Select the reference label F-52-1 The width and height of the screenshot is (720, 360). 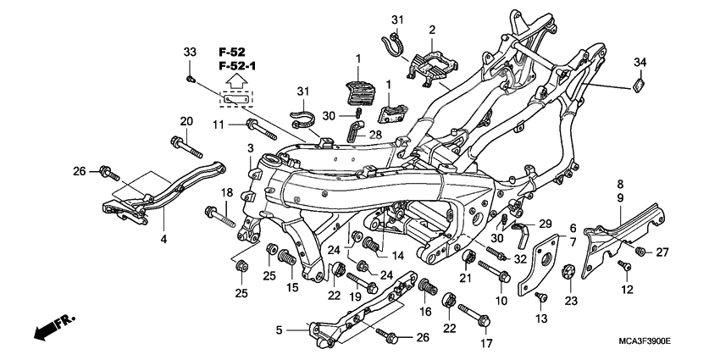point(236,66)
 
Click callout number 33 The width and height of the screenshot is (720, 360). point(190,53)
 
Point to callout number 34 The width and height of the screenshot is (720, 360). point(640,60)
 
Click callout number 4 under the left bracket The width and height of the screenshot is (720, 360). point(163,240)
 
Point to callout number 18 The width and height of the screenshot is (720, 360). point(227,193)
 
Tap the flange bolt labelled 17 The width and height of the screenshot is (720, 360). point(486,321)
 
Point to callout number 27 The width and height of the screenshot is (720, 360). point(662,252)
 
